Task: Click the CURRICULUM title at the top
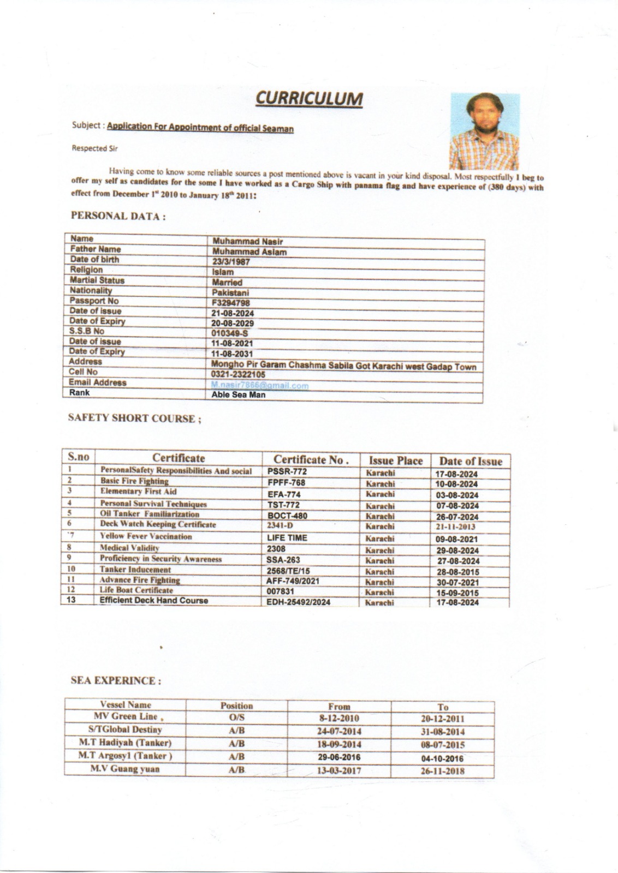(x=309, y=99)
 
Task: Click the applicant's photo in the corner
(x=484, y=131)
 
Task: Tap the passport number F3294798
(x=230, y=303)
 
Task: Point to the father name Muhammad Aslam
(x=249, y=252)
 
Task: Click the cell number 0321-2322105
(x=238, y=375)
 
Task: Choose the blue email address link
(x=260, y=385)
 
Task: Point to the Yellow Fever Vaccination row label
(x=146, y=536)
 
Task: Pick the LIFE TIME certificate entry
(x=287, y=538)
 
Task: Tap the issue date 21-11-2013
(x=455, y=527)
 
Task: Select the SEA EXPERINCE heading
(x=116, y=681)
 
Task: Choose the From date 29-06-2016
(x=339, y=757)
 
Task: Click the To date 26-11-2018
(x=443, y=772)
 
